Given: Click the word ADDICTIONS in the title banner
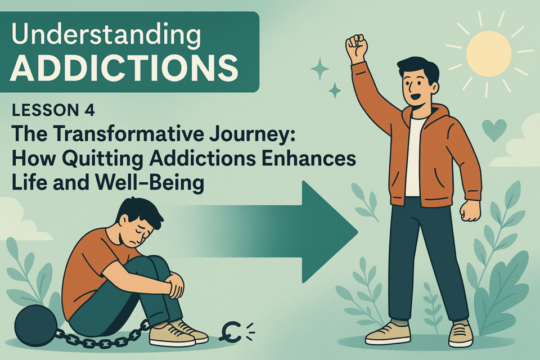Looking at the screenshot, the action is [x=124, y=67].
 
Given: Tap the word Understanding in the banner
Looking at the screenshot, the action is [x=106, y=35].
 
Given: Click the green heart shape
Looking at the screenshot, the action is [x=494, y=130].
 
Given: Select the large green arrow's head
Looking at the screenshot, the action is [x=330, y=232].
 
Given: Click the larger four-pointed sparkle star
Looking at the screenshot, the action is [x=320, y=69].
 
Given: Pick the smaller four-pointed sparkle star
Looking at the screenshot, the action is [x=334, y=91].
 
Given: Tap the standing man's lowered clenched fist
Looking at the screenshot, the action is [x=470, y=210].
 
